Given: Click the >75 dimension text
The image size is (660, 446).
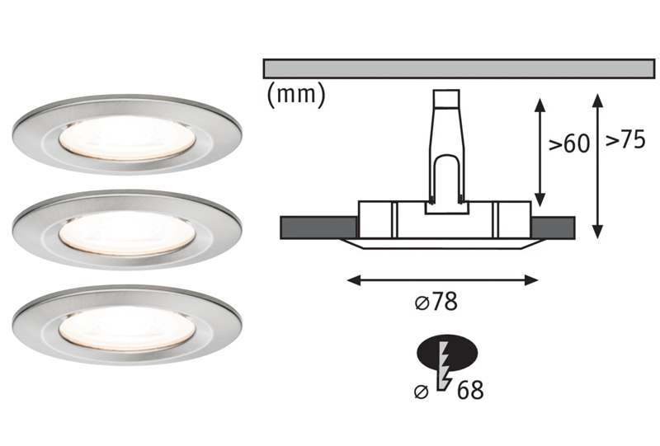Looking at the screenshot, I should coord(625,140).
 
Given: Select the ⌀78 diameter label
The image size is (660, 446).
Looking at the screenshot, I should coord(436,303).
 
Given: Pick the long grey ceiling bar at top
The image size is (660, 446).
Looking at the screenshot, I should coord(459,68).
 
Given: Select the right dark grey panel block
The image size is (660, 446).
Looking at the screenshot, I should coord(553,226).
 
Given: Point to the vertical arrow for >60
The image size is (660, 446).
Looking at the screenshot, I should coord(540,153).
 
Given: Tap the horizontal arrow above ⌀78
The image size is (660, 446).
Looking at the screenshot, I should coord(442,279).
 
